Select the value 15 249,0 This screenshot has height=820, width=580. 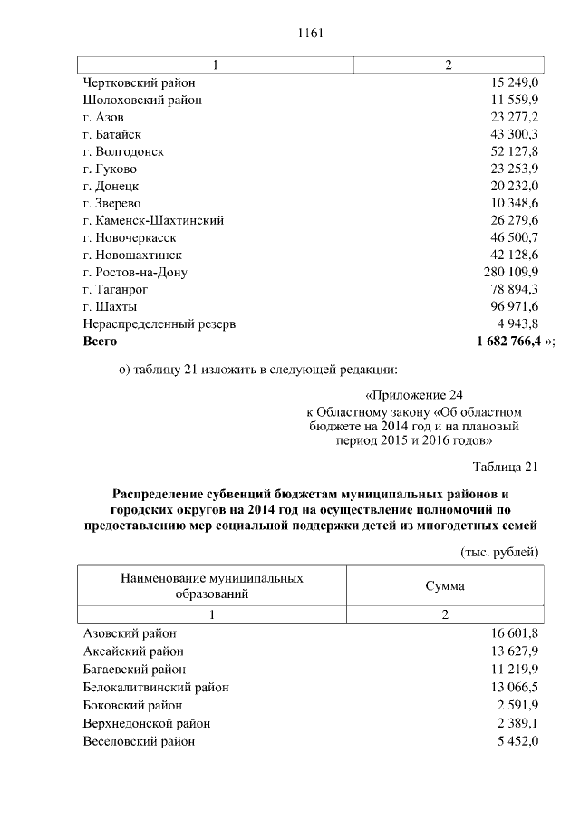pos(515,83)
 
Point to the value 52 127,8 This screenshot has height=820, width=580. pos(515,151)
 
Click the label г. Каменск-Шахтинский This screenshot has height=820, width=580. pos(153,220)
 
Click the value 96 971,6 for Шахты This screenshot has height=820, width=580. pos(515,306)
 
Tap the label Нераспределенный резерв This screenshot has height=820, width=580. pos(159,323)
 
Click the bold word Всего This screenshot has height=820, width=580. pos(100,342)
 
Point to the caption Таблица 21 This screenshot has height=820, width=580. pos(506,467)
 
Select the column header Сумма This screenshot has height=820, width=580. pos(446,586)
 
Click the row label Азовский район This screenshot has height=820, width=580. pos(130,634)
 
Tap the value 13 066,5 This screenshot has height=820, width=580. pos(515,687)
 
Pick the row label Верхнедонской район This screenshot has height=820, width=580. pos(146,723)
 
